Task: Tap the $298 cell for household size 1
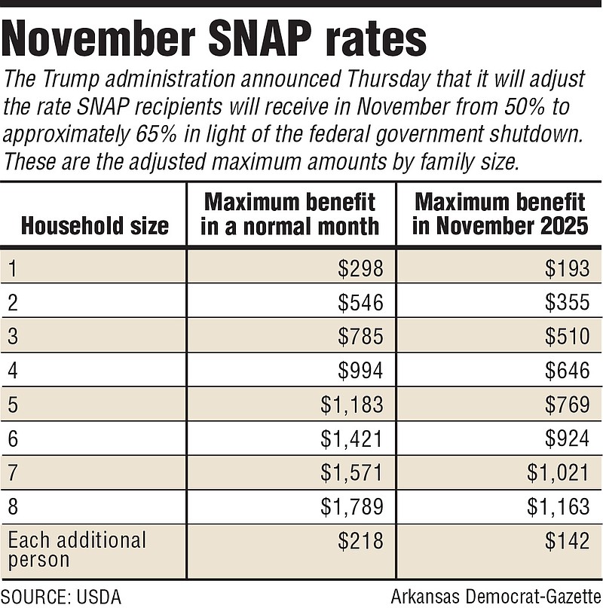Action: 361,268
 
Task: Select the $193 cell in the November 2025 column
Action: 567,268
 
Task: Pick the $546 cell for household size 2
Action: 361,302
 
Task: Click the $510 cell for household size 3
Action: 567,336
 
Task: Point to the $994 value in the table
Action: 361,370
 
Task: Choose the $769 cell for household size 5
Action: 567,405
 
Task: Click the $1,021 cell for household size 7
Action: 556,472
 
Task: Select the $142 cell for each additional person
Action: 567,540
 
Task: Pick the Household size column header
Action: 95,225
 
